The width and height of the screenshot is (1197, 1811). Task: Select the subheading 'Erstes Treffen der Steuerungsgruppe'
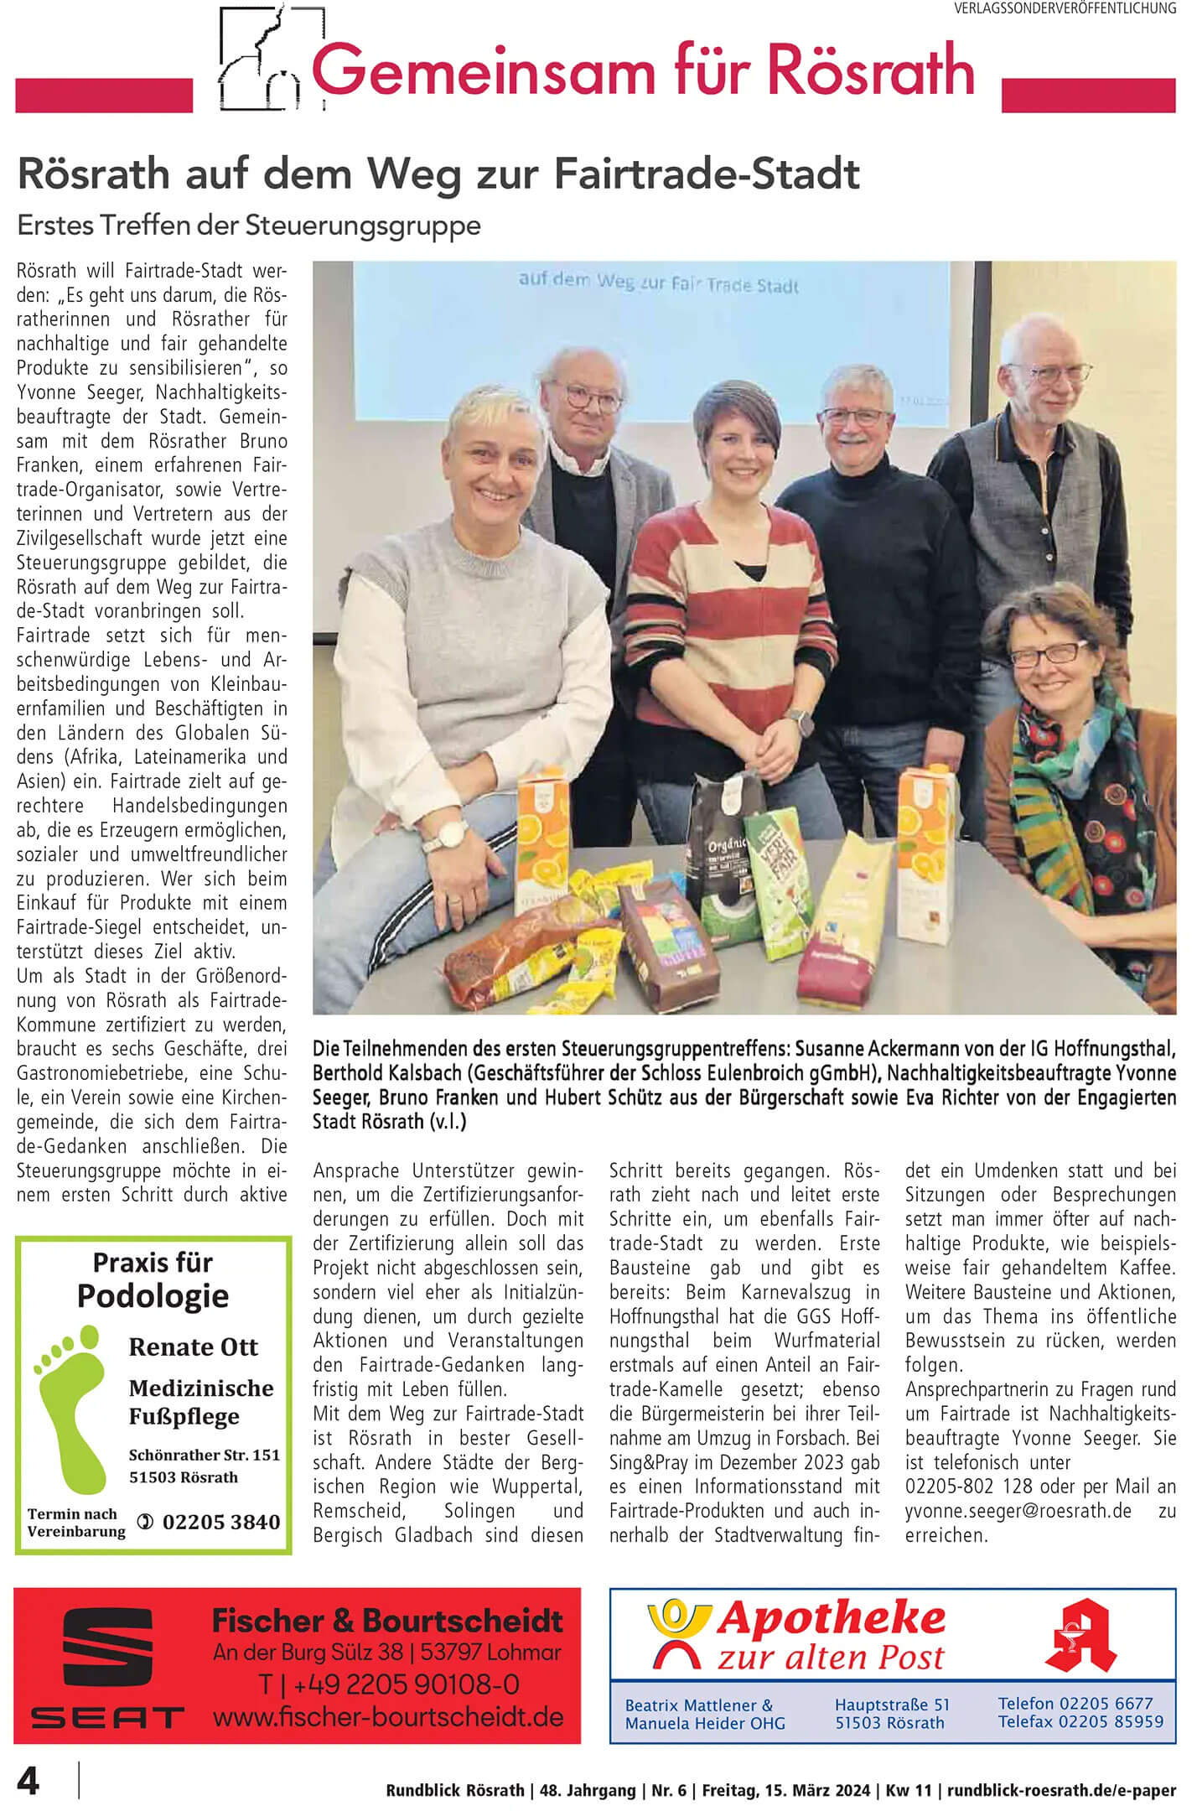point(249,226)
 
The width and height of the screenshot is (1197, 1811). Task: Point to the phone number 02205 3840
point(220,1522)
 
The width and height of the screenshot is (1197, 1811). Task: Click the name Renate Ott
point(193,1347)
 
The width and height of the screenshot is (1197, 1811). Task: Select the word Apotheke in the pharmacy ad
point(830,1618)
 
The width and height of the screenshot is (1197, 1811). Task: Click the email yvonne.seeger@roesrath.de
point(1018,1510)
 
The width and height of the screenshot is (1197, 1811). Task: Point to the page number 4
point(28,1782)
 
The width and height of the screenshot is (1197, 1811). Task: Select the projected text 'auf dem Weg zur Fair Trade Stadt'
point(658,283)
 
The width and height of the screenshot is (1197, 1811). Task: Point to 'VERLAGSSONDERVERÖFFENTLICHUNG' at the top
point(1065,8)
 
